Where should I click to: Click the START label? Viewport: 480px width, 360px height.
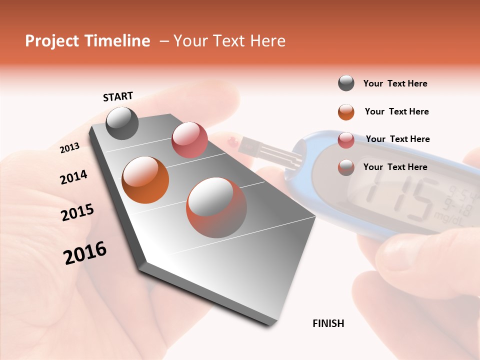[x=118, y=96]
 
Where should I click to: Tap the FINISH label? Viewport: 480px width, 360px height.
[x=328, y=323]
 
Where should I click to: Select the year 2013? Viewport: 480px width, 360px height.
[x=69, y=148]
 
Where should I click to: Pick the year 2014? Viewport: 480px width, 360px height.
[x=73, y=177]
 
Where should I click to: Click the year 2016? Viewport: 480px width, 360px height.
[x=85, y=252]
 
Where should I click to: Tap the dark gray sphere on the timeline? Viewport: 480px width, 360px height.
[x=122, y=123]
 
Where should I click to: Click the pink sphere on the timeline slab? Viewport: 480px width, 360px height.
[x=189, y=139]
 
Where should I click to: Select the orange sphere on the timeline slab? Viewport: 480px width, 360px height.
[x=145, y=179]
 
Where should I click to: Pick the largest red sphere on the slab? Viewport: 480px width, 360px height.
[x=216, y=207]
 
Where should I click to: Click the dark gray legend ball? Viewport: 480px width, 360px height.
[x=346, y=83]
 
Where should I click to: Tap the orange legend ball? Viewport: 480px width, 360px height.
[x=346, y=112]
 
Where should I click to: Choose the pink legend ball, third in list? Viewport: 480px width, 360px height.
[x=346, y=140]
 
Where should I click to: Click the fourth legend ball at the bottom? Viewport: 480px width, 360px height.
[x=346, y=167]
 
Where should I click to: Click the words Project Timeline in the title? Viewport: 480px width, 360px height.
[x=87, y=41]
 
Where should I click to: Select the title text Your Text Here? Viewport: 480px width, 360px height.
[x=229, y=41]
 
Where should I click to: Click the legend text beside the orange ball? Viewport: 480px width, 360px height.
[x=396, y=111]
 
